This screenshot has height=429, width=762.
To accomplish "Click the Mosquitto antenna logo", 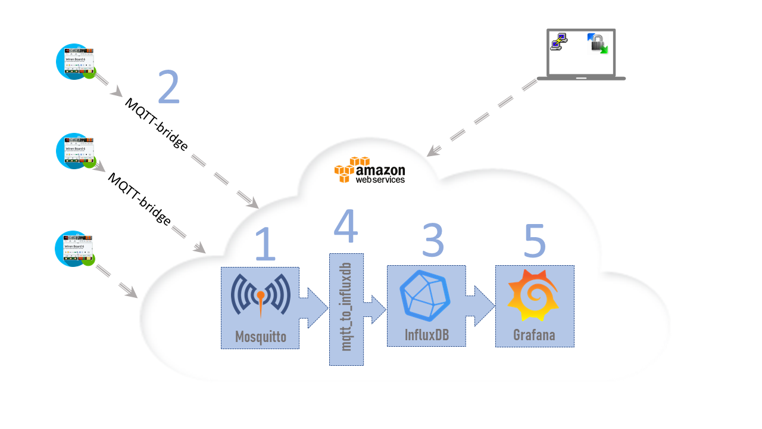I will [260, 296].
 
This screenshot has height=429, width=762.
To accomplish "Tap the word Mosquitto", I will [260, 337].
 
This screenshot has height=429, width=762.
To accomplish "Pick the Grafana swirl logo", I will [533, 296].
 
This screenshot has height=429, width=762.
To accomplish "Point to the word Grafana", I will [534, 335].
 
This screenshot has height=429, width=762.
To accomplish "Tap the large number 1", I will [265, 244].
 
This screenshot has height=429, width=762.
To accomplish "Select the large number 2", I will [168, 88].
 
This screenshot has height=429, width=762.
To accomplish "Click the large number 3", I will [433, 240].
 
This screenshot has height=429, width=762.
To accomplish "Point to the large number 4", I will [346, 226].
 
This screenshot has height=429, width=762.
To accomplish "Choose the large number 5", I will [534, 240].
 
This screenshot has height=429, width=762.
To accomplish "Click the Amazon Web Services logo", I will [370, 170].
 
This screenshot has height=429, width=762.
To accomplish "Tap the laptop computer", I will [581, 55].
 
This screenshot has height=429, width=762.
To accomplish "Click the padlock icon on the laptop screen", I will [597, 43].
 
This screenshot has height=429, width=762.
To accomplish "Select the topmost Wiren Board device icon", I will [76, 61].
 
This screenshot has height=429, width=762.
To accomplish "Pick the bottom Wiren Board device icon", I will [76, 248].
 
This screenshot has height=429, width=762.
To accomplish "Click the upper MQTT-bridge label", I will [156, 125].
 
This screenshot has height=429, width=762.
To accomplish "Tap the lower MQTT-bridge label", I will [139, 198].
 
